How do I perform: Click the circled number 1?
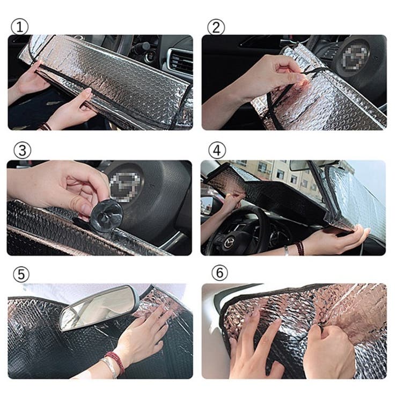pyautogui.click(x=19, y=27)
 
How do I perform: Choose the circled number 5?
pyautogui.click(x=20, y=275)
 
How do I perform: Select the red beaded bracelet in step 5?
pyautogui.click(x=115, y=363)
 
